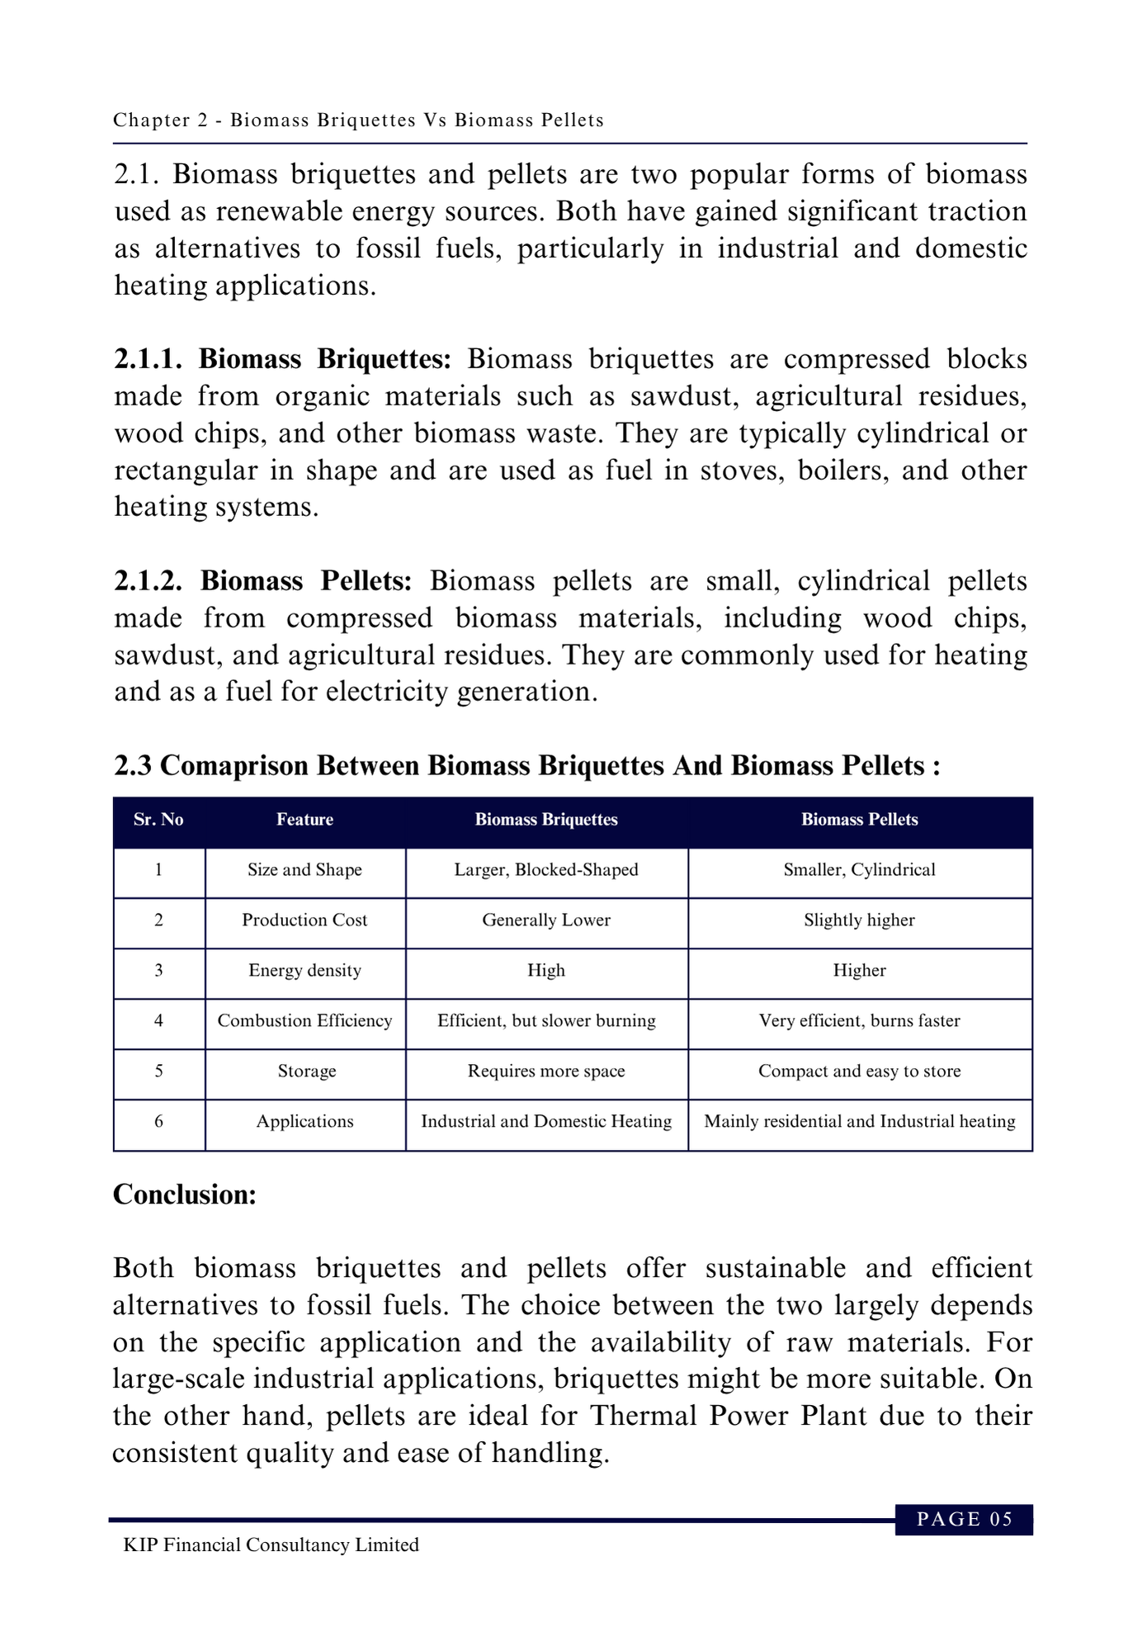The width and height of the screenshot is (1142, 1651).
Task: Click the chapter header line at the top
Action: click(358, 121)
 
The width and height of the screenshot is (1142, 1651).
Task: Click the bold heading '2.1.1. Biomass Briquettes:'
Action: click(282, 360)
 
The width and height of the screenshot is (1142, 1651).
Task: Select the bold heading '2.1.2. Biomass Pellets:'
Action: click(262, 581)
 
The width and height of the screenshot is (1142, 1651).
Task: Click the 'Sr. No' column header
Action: click(158, 820)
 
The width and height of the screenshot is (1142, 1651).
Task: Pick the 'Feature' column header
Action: click(304, 820)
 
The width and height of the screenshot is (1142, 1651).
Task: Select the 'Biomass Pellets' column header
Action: click(859, 820)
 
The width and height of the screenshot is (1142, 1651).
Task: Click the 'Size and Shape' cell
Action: click(304, 870)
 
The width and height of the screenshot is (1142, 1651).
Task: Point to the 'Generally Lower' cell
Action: click(546, 920)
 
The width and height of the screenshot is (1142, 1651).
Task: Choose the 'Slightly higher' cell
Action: click(859, 920)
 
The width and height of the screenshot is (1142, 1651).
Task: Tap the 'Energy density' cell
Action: click(304, 971)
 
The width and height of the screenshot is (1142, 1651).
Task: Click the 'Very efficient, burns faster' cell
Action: click(859, 1021)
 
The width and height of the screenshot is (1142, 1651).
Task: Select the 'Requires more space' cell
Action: click(546, 1071)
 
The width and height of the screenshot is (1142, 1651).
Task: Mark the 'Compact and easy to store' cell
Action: click(859, 1071)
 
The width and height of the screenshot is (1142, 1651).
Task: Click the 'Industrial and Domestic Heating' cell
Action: click(546, 1122)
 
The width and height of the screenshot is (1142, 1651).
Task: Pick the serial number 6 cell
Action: click(158, 1122)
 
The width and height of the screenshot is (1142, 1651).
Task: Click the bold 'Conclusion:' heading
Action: click(185, 1194)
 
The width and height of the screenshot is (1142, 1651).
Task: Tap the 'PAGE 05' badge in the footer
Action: click(964, 1520)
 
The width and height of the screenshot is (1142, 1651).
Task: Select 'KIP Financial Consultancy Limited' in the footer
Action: click(271, 1545)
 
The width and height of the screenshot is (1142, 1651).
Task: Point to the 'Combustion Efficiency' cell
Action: click(304, 1021)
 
